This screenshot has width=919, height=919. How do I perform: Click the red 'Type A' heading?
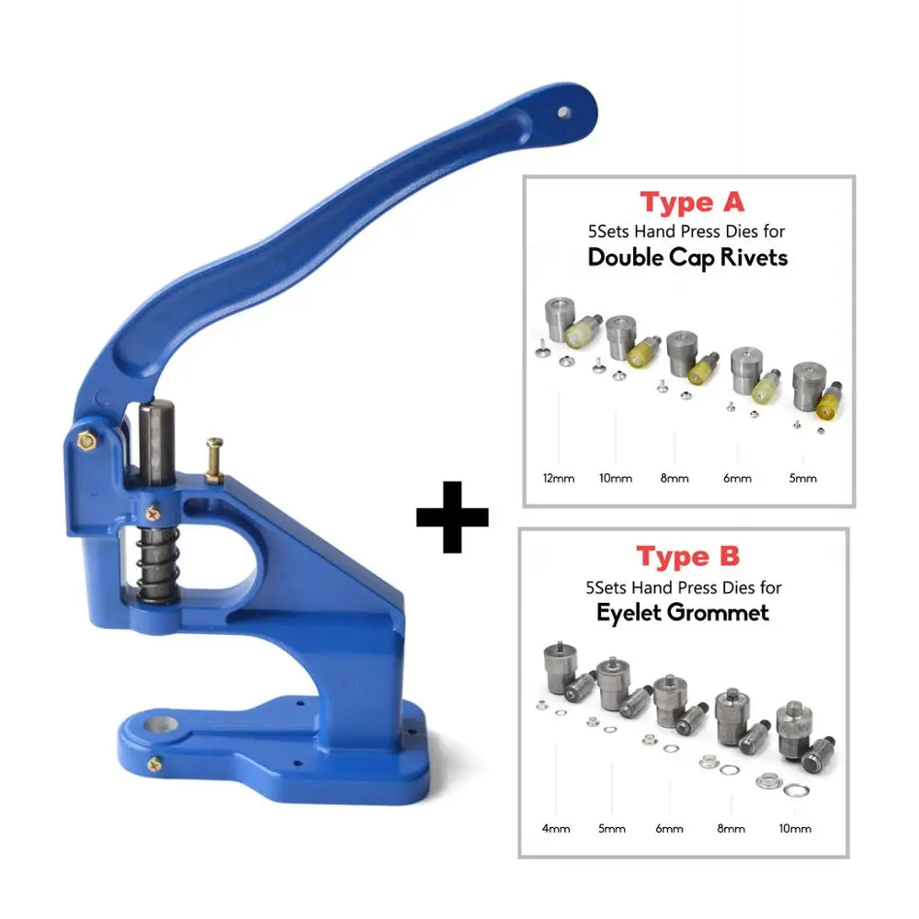pyautogui.click(x=692, y=203)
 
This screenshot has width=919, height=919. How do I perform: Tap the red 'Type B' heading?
pyautogui.click(x=688, y=556)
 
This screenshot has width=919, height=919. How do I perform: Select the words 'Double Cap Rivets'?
pyautogui.click(x=687, y=258)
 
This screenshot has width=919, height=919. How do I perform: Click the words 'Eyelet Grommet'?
pyautogui.click(x=683, y=612)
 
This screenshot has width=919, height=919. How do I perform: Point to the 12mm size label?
pyautogui.click(x=559, y=478)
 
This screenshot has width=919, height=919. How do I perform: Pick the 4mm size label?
pyautogui.click(x=556, y=829)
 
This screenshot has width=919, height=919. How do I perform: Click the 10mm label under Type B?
pyautogui.click(x=795, y=829)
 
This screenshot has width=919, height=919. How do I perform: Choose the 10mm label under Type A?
pyautogui.click(x=616, y=478)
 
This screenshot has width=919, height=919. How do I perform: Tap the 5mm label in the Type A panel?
pyautogui.click(x=802, y=478)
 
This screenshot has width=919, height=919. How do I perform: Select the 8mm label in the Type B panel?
pyautogui.click(x=731, y=829)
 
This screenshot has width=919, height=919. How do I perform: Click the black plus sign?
pyautogui.click(x=452, y=516)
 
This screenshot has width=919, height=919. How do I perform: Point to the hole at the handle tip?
pyautogui.click(x=564, y=112)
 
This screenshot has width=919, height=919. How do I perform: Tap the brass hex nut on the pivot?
pyautogui.click(x=86, y=439)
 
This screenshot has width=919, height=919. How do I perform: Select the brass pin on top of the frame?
pyautogui.click(x=214, y=459)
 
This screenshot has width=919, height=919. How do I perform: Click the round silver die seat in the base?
pyautogui.click(x=161, y=725)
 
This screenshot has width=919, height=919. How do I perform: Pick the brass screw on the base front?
pyautogui.click(x=154, y=765)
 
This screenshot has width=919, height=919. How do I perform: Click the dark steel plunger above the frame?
pyautogui.click(x=156, y=443)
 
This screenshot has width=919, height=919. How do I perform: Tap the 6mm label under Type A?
pyautogui.click(x=737, y=478)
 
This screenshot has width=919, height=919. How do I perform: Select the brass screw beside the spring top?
pyautogui.click(x=153, y=515)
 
